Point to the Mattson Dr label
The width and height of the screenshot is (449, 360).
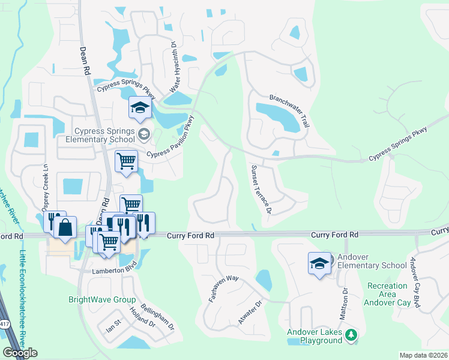click(345, 304)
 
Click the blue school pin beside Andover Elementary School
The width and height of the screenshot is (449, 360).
click(319, 263)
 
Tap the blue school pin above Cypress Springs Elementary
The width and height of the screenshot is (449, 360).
click(140, 107)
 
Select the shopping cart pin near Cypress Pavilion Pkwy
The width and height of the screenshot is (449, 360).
click(127, 160)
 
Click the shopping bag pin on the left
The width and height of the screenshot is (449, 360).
click(65, 227)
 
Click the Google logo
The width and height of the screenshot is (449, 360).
click(20, 353)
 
